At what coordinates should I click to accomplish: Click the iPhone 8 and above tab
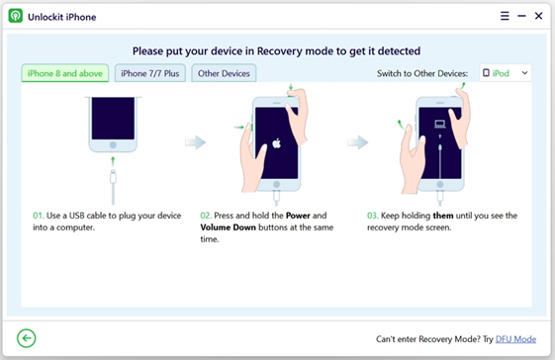(x=64, y=73)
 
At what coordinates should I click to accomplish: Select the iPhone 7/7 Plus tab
(x=150, y=73)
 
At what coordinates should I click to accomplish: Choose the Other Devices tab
(x=224, y=73)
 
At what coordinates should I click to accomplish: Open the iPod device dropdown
(x=506, y=73)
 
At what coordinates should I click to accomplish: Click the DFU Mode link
(x=515, y=339)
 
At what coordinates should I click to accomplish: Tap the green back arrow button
(x=26, y=338)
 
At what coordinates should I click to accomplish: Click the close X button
(x=539, y=16)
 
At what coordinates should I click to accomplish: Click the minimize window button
(x=521, y=16)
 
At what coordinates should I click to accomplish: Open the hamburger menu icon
(x=505, y=16)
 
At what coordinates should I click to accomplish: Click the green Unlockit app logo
(x=16, y=16)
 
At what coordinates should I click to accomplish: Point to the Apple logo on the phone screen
(x=276, y=143)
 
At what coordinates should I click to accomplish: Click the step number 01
(x=38, y=216)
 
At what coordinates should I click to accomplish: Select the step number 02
(x=206, y=216)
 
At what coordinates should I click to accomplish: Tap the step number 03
(x=372, y=216)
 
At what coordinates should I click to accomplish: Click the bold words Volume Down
(x=228, y=227)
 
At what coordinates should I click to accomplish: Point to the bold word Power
(x=298, y=216)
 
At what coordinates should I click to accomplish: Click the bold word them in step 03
(x=443, y=216)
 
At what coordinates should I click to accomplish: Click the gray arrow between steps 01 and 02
(x=195, y=142)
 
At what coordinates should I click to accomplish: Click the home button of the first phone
(x=113, y=144)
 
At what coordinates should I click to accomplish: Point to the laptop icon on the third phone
(x=440, y=124)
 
